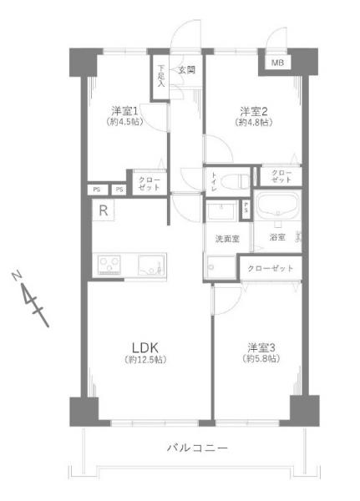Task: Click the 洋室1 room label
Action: (x=124, y=110)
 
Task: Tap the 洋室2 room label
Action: (x=253, y=110)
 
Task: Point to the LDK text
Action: (x=143, y=347)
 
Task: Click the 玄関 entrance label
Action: (x=186, y=70)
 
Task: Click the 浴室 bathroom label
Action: (x=277, y=238)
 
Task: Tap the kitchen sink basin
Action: (x=151, y=265)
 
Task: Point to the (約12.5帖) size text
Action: (x=143, y=360)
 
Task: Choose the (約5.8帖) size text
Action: (x=261, y=359)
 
